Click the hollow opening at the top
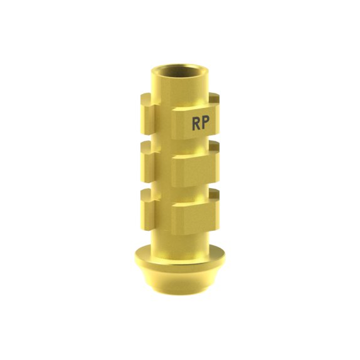click(180, 71)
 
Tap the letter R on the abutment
click(196, 124)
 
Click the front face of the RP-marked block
click(196, 124)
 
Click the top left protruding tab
click(147, 115)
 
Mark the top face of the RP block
click(195, 108)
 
